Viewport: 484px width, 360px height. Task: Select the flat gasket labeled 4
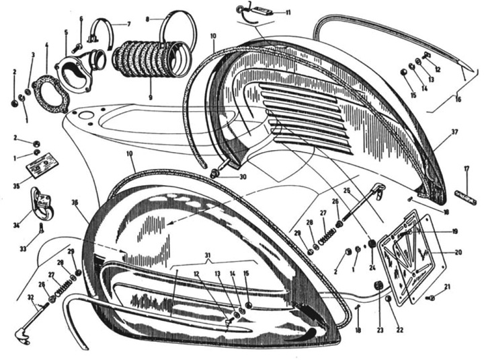pos(51,92)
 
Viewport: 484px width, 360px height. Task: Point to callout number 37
pos(454,132)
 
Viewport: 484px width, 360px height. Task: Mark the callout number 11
pos(288,12)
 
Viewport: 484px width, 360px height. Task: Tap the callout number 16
pos(458,99)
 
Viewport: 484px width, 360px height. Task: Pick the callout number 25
pos(348,191)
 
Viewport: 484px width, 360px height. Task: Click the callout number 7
pos(130,24)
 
